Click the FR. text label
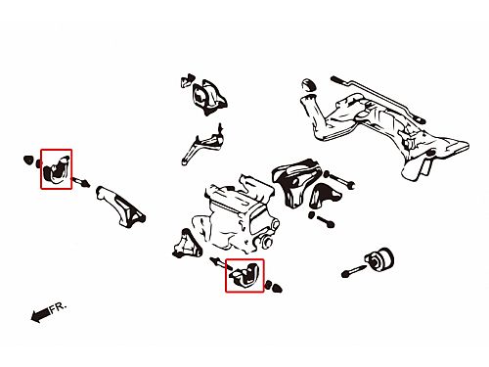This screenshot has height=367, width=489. click(x=58, y=307)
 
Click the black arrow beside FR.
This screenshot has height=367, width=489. click(x=40, y=315)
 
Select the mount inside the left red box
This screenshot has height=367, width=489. click(x=57, y=169)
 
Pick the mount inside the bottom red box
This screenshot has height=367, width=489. click(x=245, y=276)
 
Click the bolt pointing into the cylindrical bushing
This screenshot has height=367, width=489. click(x=353, y=270)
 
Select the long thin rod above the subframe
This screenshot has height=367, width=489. click(x=378, y=100)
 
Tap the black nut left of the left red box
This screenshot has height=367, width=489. click(x=28, y=160)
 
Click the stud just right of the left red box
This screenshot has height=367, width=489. click(x=80, y=181)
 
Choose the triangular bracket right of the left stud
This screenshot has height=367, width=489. click(x=120, y=206)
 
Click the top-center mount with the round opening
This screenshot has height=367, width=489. click(x=208, y=96)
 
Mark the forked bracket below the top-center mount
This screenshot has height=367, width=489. click(x=202, y=144)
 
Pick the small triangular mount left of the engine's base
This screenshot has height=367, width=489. click(x=187, y=245)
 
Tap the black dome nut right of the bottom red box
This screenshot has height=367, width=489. click(x=277, y=289)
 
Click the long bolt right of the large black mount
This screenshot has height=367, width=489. click(x=339, y=180)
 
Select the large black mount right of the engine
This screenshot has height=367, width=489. click(x=296, y=182)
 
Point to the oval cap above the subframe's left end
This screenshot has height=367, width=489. click(x=308, y=85)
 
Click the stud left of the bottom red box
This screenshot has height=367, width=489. click(x=220, y=263)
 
